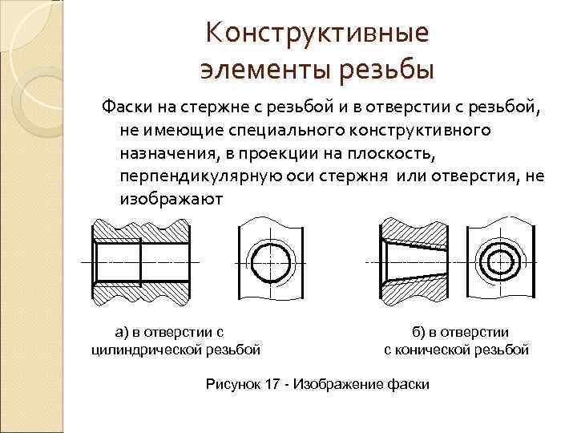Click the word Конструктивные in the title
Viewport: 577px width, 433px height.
(316, 33)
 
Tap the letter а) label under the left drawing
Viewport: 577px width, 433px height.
(122, 330)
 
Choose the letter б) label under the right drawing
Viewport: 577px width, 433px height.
(418, 330)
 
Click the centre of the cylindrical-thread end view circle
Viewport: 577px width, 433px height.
(271, 262)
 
